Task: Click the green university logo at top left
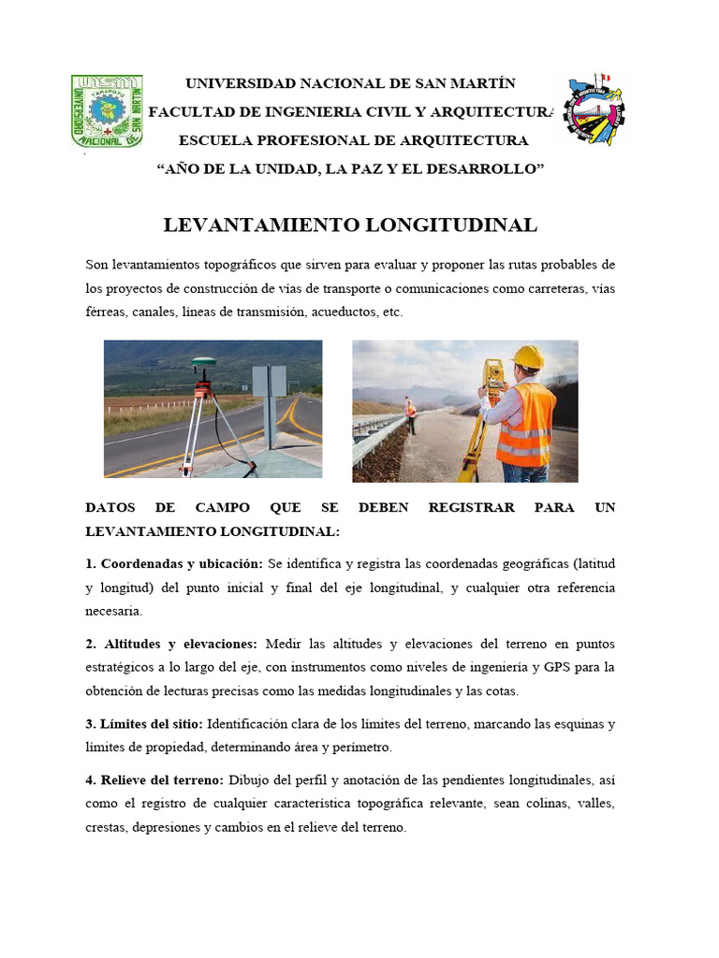click(x=107, y=111)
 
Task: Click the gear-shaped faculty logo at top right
click(x=593, y=111)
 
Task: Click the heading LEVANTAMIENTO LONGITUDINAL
click(x=350, y=225)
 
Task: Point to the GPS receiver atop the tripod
click(x=204, y=362)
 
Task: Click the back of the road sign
click(x=269, y=381)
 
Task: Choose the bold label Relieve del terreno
click(x=154, y=779)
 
